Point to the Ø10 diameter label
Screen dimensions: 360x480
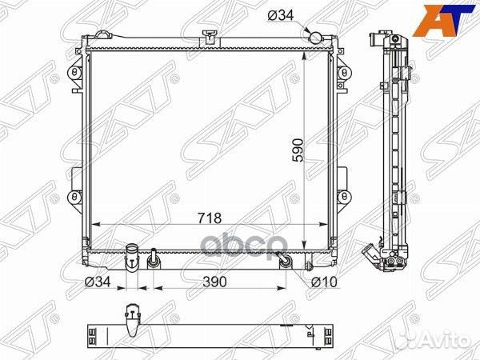point(323,282)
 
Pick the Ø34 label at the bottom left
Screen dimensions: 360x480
point(97,282)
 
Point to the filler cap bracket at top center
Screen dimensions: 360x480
point(210,35)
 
